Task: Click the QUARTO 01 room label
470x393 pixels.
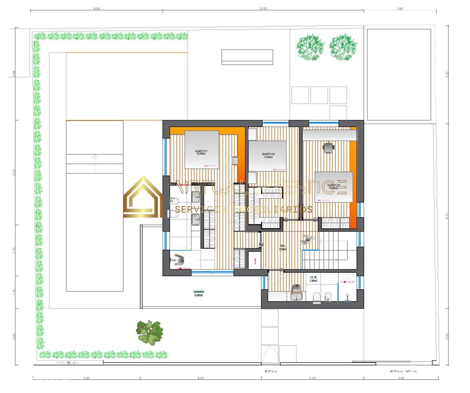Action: [x=201, y=152]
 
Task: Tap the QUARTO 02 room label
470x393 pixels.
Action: [x=268, y=155]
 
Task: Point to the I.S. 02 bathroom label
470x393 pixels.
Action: [x=313, y=279]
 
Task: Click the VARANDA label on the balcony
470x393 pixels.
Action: [x=198, y=293]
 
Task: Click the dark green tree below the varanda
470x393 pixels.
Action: [x=150, y=332]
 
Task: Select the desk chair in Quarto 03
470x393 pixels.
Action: [x=328, y=147]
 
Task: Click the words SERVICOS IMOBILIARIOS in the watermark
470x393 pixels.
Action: [x=243, y=209]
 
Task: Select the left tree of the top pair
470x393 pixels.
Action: [x=310, y=47]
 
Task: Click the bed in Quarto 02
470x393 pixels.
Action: [x=268, y=156]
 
